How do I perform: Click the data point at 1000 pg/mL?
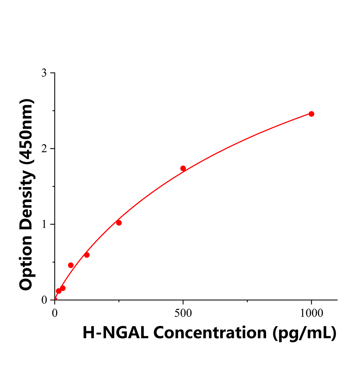[311, 114]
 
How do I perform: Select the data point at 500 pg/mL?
[183, 168]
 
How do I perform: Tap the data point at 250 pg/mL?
[119, 223]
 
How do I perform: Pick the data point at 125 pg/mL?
[87, 255]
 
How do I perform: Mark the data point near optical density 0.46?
[71, 265]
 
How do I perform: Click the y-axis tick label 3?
[44, 73]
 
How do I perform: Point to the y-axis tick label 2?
[44, 149]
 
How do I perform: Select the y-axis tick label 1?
[44, 224]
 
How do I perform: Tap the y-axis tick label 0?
[44, 300]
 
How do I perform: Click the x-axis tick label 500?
[183, 313]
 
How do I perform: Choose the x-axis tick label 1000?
[311, 313]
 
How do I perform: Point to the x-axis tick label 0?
[55, 313]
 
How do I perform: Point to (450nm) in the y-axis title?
[26, 131]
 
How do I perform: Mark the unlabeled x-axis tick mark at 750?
[247, 301]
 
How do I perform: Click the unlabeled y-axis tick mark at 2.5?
[53, 111]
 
